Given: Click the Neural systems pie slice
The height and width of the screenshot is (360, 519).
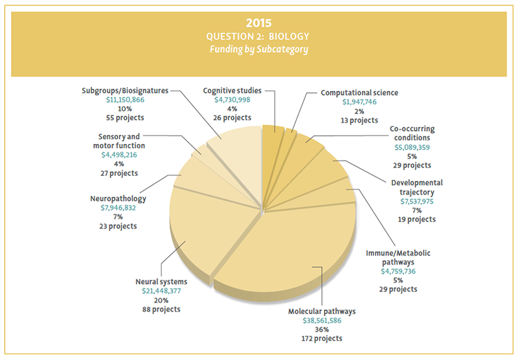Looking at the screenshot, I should point(201,228).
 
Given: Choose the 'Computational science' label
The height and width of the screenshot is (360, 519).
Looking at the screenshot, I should point(359,93).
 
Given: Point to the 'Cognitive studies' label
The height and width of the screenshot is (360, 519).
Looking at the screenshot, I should point(232,91).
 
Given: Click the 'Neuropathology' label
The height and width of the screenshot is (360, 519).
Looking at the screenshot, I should point(118,199).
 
